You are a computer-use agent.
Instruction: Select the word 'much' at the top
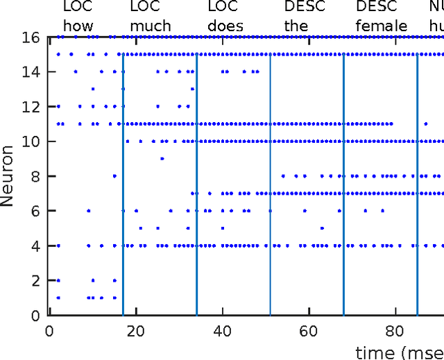145,26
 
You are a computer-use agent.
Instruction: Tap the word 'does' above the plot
225,26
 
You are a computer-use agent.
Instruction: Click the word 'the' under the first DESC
297,26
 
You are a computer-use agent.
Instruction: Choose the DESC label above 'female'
377,8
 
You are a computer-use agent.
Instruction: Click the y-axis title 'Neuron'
9,175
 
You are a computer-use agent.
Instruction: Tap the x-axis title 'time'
375,352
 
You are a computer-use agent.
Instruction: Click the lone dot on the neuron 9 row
162,158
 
